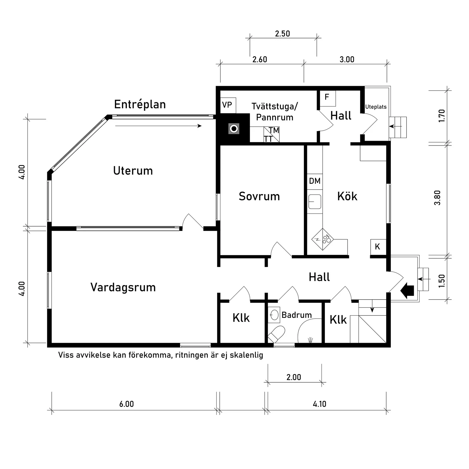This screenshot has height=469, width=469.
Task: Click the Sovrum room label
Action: point(259,196)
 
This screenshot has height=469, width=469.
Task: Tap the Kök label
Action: point(347,196)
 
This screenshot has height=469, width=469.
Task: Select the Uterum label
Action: point(133,171)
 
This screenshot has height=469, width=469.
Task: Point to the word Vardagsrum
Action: point(123,287)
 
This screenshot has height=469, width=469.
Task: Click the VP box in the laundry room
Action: point(228,105)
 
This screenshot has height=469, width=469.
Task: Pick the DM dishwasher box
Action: point(315,181)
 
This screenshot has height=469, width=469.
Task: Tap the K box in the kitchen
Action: point(377,246)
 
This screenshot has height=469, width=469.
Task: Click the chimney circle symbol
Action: point(234,129)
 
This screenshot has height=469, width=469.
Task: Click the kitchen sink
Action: point(315,202)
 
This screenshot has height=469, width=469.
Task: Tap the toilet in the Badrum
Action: point(277,334)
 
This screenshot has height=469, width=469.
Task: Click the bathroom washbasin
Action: point(274,315)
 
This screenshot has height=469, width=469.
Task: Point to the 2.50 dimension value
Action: point(283,34)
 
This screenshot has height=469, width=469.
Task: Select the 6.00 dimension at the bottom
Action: point(126,404)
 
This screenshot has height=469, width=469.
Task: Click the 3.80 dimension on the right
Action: point(438,198)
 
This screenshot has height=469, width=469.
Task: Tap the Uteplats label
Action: point(376,107)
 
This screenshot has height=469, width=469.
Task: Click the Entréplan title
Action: point(140,105)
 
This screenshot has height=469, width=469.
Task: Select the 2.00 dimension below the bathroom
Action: point(294,377)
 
